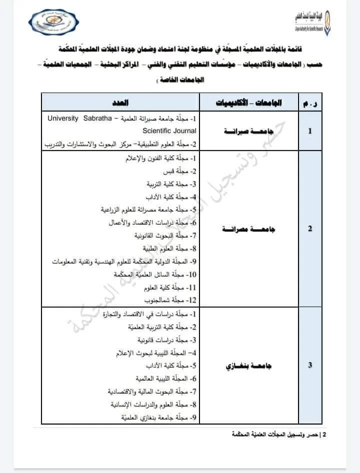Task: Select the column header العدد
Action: pyautogui.click(x=120, y=102)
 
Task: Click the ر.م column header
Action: pyautogui.click(x=310, y=102)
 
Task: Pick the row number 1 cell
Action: pyautogui.click(x=310, y=131)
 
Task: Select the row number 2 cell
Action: pyautogui.click(x=310, y=228)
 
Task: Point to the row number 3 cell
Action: pyautogui.click(x=310, y=365)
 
